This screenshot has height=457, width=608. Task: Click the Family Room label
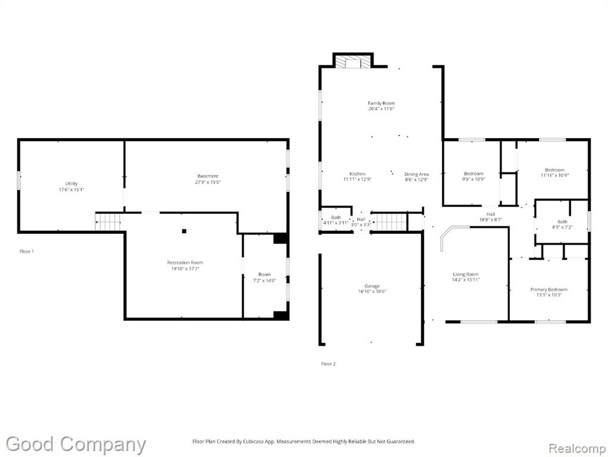tap(381, 103)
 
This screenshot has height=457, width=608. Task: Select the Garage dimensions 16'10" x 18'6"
tap(372, 292)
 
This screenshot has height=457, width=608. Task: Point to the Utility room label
tap(71, 183)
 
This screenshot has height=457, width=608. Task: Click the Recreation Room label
tap(185, 262)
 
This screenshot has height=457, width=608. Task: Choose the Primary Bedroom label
tap(549, 289)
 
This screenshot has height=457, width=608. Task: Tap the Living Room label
tap(466, 274)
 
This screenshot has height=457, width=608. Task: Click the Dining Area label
tap(416, 174)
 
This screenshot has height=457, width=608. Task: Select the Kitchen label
tap(357, 174)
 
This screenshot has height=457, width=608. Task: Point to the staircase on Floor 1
tap(108, 223)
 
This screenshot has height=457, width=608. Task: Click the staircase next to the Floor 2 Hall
tap(389, 223)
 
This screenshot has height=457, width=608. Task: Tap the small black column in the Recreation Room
tap(184, 231)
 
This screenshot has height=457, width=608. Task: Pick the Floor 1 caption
tap(27, 251)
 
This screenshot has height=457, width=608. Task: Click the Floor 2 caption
tap(328, 364)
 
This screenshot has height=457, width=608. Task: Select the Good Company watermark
tap(76, 445)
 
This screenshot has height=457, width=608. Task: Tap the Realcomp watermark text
tap(577, 449)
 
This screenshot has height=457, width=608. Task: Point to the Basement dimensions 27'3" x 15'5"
tap(208, 182)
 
